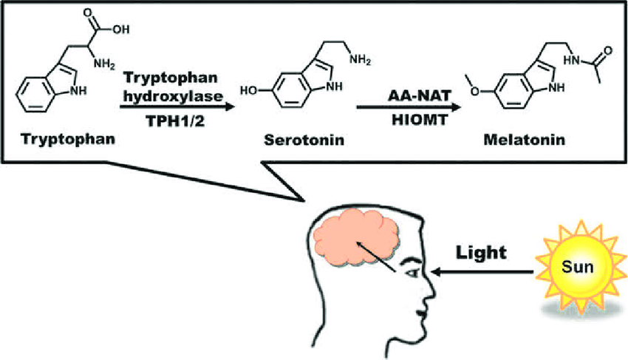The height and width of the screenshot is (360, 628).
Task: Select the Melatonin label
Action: coord(524,139)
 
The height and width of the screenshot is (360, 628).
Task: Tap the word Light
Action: coord(481,252)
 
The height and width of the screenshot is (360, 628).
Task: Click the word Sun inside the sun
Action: coord(577,265)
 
